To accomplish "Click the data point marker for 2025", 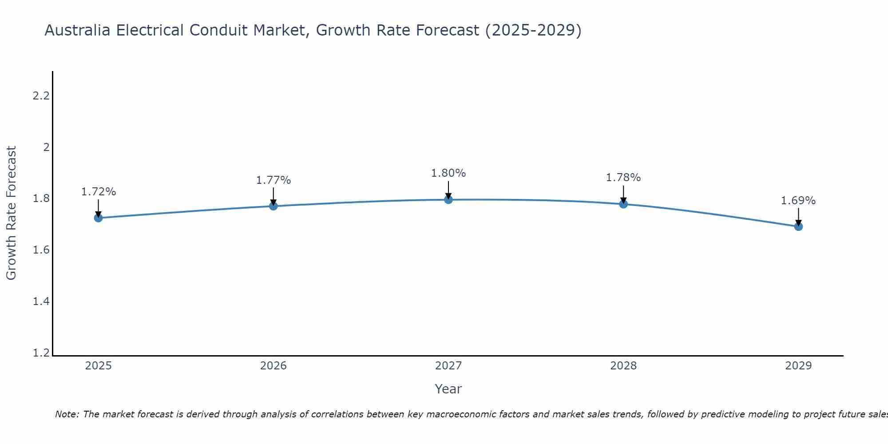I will pos(98,218).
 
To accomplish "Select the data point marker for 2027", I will pos(448,199).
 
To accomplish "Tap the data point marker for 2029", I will pos(798,226).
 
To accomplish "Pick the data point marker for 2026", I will pos(273,206).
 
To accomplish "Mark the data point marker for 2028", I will pos(623,204).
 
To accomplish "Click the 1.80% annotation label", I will pos(448,173).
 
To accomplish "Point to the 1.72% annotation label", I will pos(98,192).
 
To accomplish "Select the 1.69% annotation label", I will pos(798,201).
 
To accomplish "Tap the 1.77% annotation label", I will pos(273,180).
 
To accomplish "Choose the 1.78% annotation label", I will pos(623,178).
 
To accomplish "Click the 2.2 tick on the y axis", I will pos(41,95).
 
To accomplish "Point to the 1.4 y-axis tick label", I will pos(41,301).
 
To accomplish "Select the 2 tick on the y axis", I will pos(46,147).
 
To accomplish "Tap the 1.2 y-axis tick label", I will pos(41,353).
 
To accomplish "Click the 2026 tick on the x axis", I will pos(273,366).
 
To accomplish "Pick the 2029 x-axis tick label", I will pos(798,366).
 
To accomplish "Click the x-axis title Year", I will pos(448,389).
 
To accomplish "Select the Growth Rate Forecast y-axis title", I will pos(12,213).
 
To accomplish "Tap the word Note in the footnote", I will pos(67,414).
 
